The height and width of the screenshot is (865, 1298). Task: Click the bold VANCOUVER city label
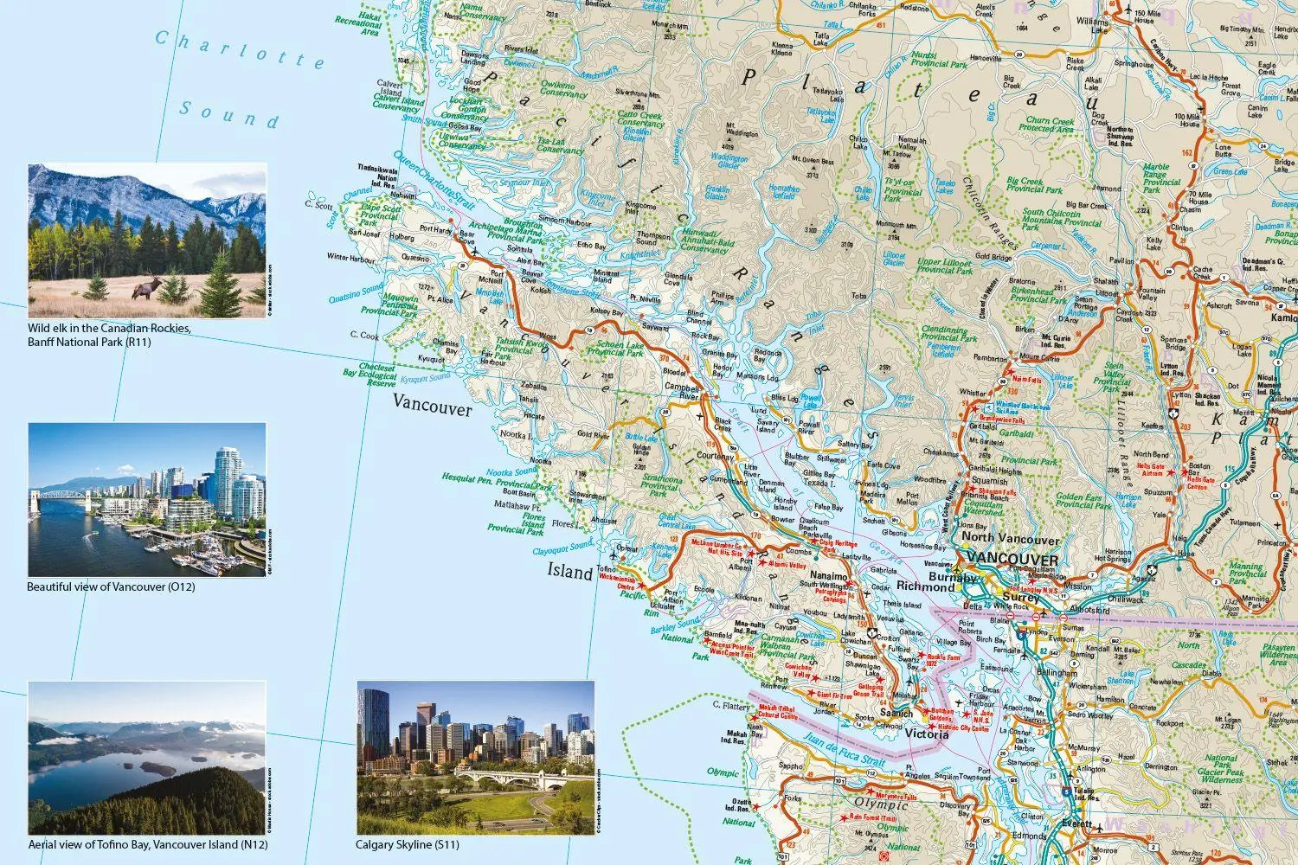pyautogui.click(x=1012, y=559)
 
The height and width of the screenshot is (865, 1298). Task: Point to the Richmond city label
pyautogui.click(x=925, y=586)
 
